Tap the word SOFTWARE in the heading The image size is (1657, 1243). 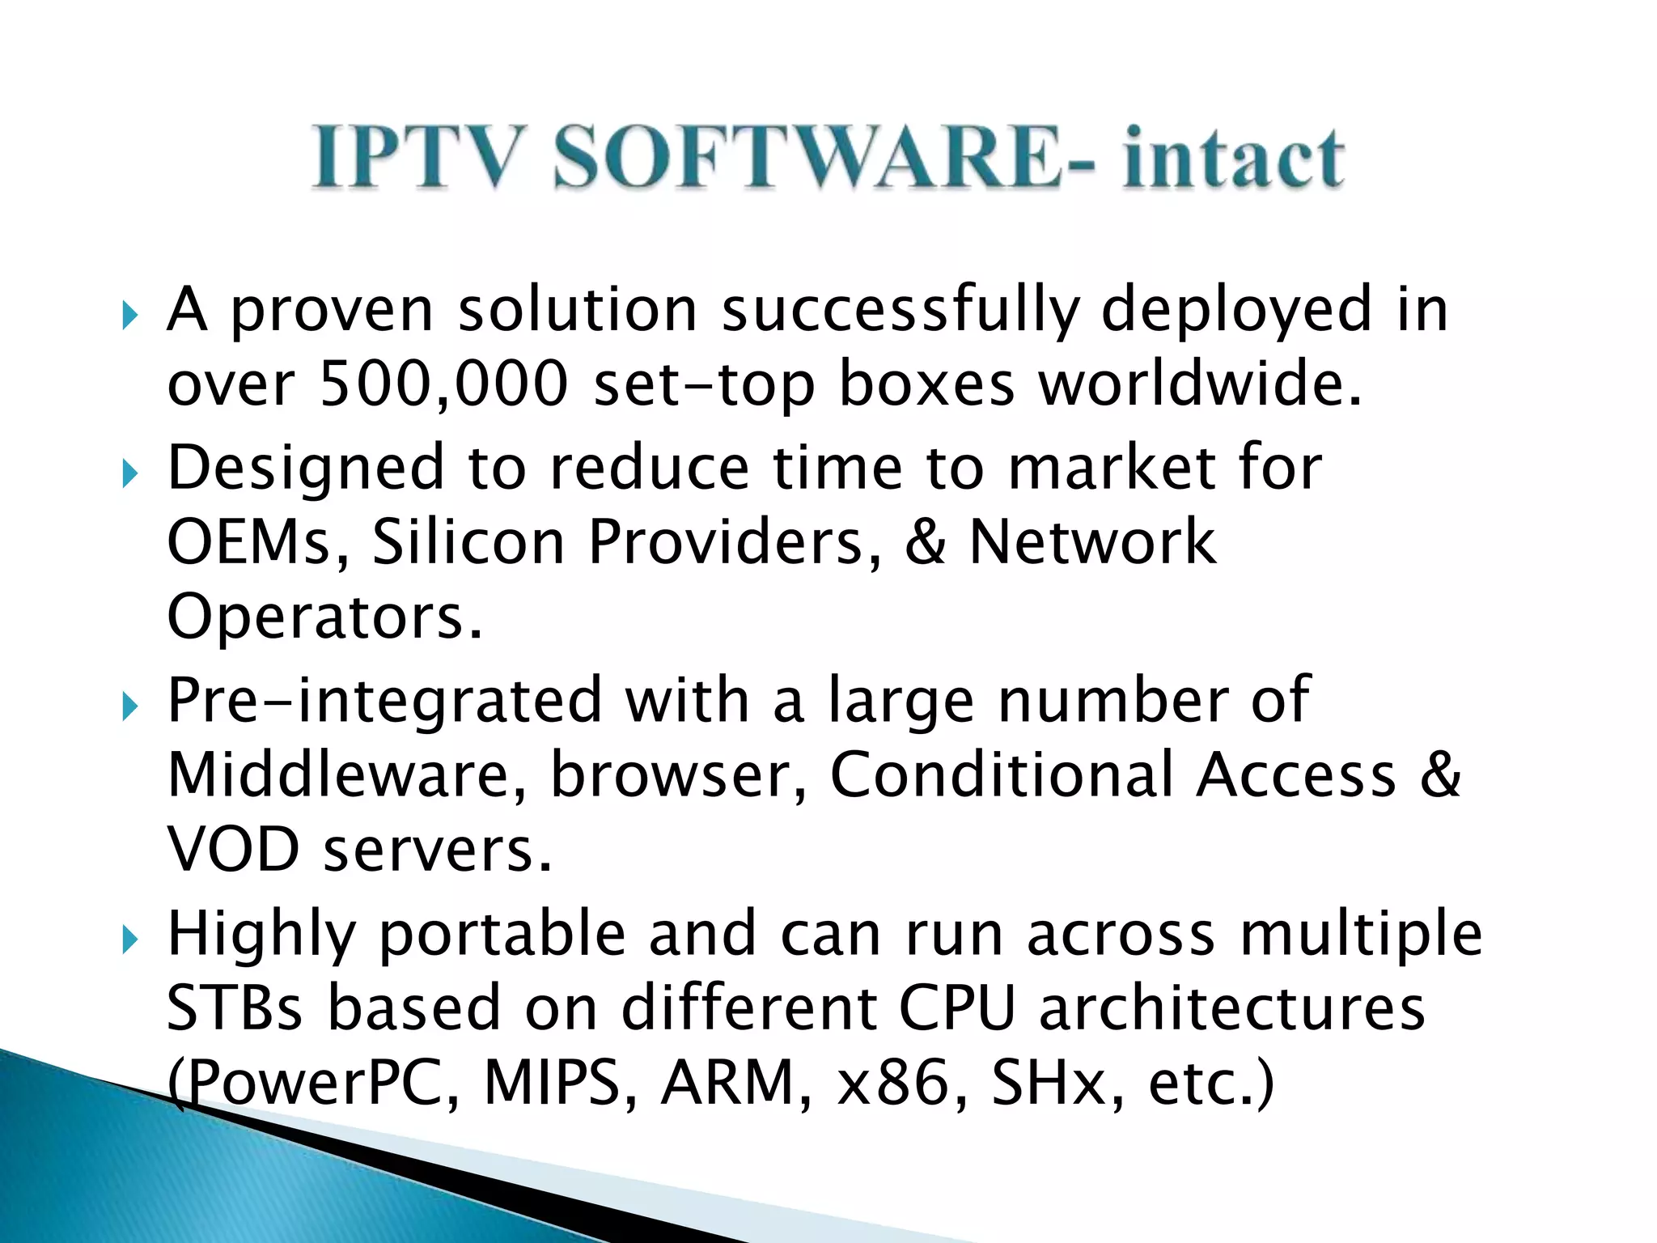click(x=806, y=157)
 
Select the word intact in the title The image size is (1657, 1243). click(x=1233, y=159)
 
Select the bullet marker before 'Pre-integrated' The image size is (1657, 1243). click(x=129, y=706)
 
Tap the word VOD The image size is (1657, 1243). click(x=233, y=850)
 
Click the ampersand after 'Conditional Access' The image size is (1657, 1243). click(x=1440, y=775)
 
